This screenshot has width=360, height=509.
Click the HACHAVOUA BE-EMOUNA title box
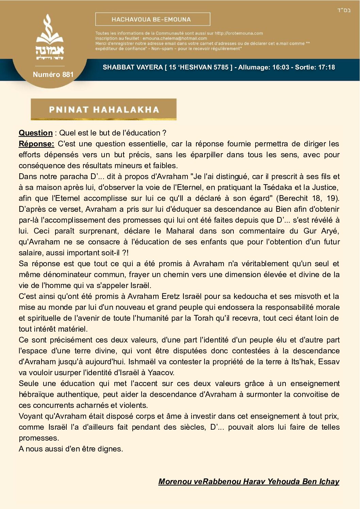pyautogui.click(x=152, y=19)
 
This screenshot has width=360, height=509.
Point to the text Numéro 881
pyautogui.click(x=53, y=75)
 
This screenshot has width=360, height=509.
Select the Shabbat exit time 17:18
pyautogui.click(x=326, y=67)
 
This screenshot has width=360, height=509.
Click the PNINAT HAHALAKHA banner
pyautogui.click(x=104, y=110)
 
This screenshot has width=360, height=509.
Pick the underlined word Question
pyautogui.click(x=36, y=133)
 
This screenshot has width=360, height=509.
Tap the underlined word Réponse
pyautogui.click(x=36, y=144)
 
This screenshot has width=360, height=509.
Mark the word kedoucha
pyautogui.click(x=238, y=297)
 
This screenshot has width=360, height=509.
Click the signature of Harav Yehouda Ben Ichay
pyautogui.click(x=249, y=481)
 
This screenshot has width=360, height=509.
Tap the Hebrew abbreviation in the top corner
pyautogui.click(x=344, y=10)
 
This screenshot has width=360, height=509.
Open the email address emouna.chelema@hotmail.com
pyautogui.click(x=175, y=38)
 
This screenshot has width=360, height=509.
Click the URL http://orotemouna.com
pyautogui.click(x=239, y=33)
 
